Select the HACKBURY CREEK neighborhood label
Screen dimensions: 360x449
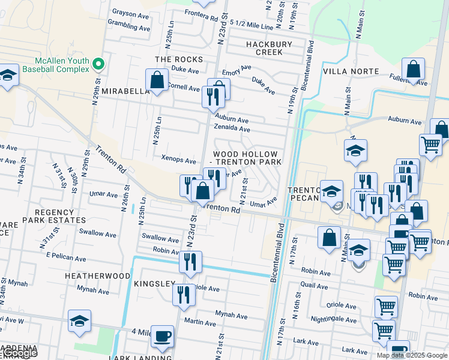268,48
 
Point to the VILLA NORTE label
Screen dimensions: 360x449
351,71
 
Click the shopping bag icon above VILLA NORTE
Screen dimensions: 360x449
413,70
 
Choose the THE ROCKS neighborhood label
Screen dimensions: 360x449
179,59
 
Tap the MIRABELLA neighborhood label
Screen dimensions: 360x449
125,91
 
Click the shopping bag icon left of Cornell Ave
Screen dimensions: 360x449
157,80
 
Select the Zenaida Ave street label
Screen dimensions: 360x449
232,129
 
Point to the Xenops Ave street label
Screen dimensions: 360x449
179,161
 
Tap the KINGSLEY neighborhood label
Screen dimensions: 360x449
154,283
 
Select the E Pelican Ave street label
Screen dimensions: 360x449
66,257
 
